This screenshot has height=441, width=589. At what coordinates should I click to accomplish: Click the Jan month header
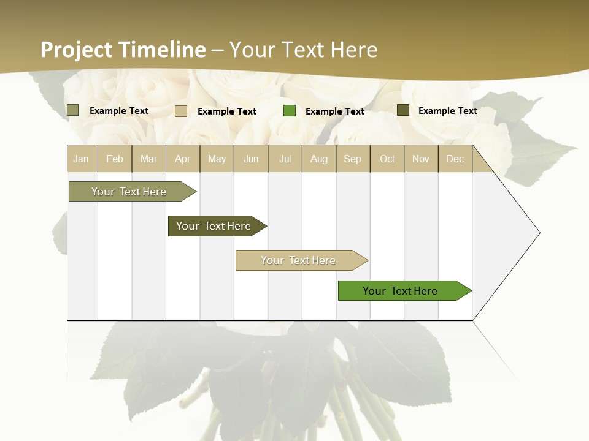81,159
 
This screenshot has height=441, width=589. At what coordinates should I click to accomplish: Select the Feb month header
115,159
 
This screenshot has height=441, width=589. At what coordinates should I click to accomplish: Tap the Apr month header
182,159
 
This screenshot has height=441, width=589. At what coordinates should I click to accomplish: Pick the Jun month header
251,159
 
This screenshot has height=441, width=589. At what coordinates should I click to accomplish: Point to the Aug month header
318,159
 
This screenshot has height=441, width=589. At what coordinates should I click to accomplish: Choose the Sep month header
352,159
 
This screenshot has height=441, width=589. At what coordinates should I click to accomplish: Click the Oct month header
387,159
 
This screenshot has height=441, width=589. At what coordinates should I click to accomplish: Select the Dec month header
455,159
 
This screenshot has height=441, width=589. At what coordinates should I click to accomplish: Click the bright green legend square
290,111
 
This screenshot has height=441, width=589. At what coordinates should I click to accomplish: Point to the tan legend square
181,111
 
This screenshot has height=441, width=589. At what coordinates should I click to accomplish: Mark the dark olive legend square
403,110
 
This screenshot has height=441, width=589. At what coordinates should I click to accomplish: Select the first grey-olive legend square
73,110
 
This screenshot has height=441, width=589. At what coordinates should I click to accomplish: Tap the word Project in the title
77,50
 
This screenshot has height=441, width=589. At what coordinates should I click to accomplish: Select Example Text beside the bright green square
334,111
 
